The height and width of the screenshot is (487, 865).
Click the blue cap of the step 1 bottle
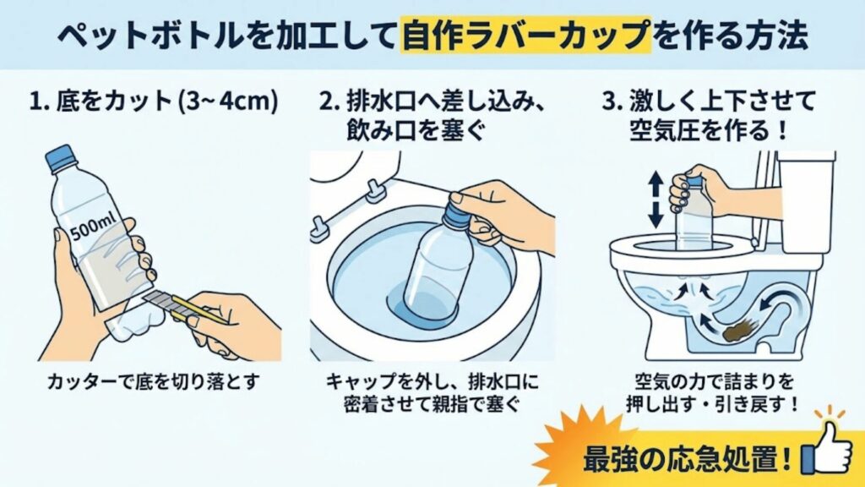click(x=60, y=155)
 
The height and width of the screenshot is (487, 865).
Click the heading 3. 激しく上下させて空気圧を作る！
click(x=710, y=116)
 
